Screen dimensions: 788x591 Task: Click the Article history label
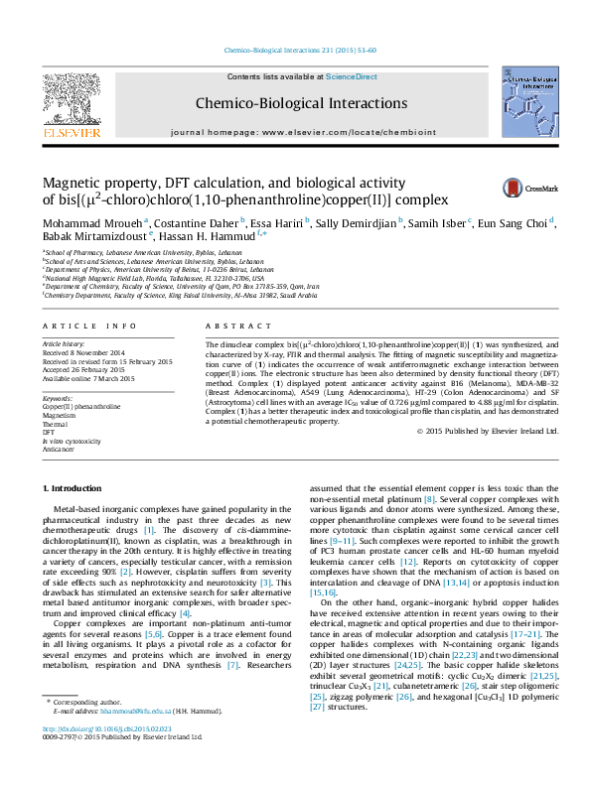pos(64,342)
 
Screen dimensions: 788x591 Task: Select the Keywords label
pos(59,397)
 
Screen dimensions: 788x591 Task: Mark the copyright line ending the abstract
pos(487,431)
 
